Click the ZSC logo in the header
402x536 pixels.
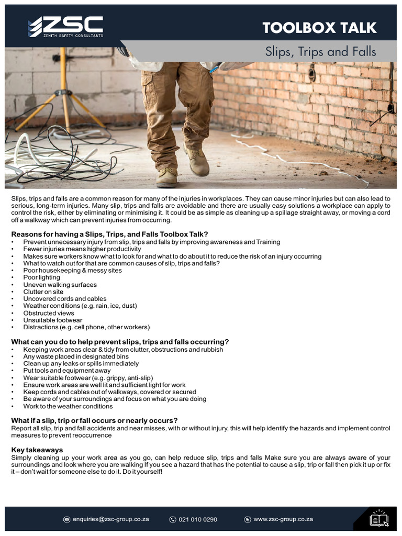(65, 27)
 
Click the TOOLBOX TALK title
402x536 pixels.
(319, 28)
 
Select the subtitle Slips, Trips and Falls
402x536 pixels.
(320, 52)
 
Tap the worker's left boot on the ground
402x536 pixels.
(167, 177)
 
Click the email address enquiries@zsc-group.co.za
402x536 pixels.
(110, 519)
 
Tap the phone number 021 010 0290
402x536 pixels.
(198, 519)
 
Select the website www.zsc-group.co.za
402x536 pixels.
(283, 519)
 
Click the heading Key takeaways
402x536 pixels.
(37, 450)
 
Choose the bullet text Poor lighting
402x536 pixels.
(41, 277)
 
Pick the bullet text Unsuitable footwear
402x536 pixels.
(52, 320)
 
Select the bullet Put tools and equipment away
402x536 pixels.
(66, 371)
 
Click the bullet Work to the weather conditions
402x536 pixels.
(68, 406)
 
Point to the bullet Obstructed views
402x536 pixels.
(49, 313)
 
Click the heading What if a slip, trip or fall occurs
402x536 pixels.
(94, 420)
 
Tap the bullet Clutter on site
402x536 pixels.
(43, 292)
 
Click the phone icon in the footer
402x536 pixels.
(173, 519)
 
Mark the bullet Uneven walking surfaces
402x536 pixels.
(60, 285)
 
